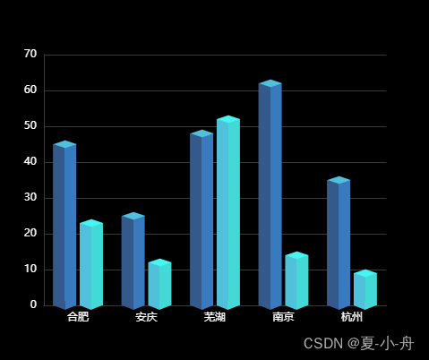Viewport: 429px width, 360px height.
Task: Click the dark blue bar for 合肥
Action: click(x=64, y=225)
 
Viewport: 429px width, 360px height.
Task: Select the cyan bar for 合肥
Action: click(x=91, y=264)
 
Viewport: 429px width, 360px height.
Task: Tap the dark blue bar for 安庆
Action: click(x=133, y=261)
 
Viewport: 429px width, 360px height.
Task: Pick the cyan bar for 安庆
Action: click(x=159, y=284)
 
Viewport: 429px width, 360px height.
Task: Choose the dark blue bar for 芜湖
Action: click(x=202, y=219)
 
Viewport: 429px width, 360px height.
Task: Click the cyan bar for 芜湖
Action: click(x=228, y=212)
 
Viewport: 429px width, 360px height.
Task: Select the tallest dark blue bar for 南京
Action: click(x=270, y=194)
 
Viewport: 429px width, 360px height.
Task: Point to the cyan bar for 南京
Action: click(x=296, y=280)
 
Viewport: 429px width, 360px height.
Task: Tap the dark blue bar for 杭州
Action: click(x=339, y=243)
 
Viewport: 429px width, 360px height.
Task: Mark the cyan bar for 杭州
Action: click(x=365, y=289)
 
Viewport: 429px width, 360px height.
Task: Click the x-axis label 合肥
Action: click(x=78, y=317)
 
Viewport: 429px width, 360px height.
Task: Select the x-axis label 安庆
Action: click(x=147, y=317)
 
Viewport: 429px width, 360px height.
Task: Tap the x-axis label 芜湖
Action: click(x=215, y=317)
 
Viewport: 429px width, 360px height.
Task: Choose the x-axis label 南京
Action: click(x=283, y=317)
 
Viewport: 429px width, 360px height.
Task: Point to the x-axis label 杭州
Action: click(x=352, y=317)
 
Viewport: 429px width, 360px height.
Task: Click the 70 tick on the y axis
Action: click(x=30, y=54)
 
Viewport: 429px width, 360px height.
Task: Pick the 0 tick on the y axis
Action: click(x=33, y=304)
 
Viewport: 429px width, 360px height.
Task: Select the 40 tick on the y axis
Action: click(x=30, y=161)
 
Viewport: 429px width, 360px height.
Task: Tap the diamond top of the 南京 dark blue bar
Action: click(x=270, y=83)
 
